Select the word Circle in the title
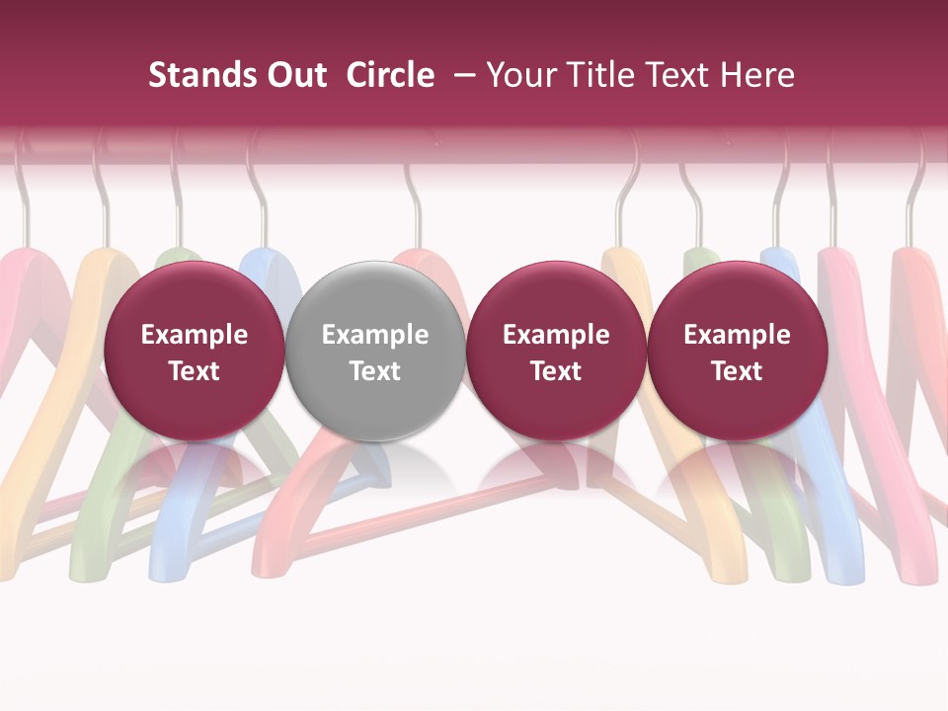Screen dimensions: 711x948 pos(390,75)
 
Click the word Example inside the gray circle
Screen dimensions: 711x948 pos(375,335)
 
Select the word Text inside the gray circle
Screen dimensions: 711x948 pos(375,371)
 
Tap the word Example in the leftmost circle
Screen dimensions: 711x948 pos(194,335)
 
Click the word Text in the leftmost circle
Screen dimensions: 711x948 pos(194,371)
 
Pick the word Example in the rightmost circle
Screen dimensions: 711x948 pos(737,335)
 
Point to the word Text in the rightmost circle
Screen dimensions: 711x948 pos(737,371)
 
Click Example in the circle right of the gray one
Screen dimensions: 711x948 pos(556,335)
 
